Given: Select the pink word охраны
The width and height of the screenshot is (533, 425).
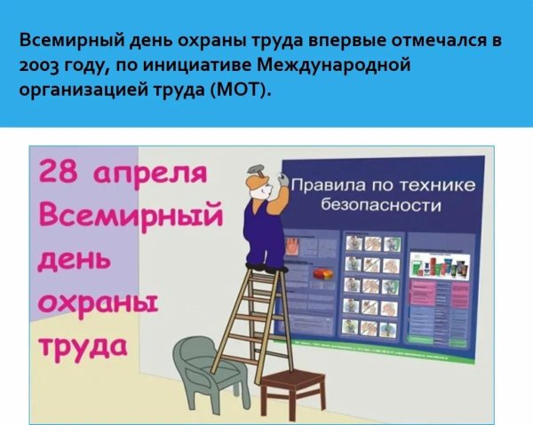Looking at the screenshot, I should (96, 304).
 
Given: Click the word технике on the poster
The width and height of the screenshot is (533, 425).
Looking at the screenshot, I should (436, 185).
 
